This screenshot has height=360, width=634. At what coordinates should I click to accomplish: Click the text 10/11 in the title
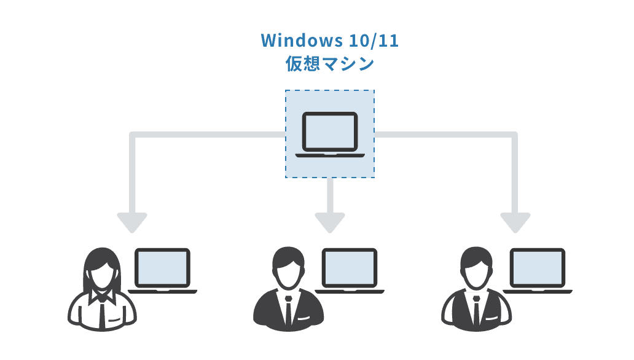(x=373, y=41)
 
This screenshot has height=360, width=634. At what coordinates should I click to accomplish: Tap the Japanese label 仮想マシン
(x=329, y=64)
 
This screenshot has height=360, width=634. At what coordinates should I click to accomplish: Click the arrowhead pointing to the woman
(x=131, y=222)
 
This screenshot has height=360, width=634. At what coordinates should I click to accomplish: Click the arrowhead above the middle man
(x=330, y=222)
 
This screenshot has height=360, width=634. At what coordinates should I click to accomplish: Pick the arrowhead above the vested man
(x=515, y=222)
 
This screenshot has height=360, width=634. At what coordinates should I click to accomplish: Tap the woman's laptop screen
(x=162, y=267)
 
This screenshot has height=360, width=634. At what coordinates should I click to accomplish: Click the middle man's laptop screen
(x=350, y=267)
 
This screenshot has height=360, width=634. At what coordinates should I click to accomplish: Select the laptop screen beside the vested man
(x=538, y=267)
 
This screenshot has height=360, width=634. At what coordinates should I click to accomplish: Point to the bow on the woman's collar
(x=101, y=296)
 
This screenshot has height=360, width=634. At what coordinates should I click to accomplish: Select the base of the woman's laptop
(x=162, y=291)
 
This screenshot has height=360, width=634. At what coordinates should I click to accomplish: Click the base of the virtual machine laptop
(x=329, y=154)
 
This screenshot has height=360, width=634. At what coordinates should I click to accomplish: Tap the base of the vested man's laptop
(x=538, y=291)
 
